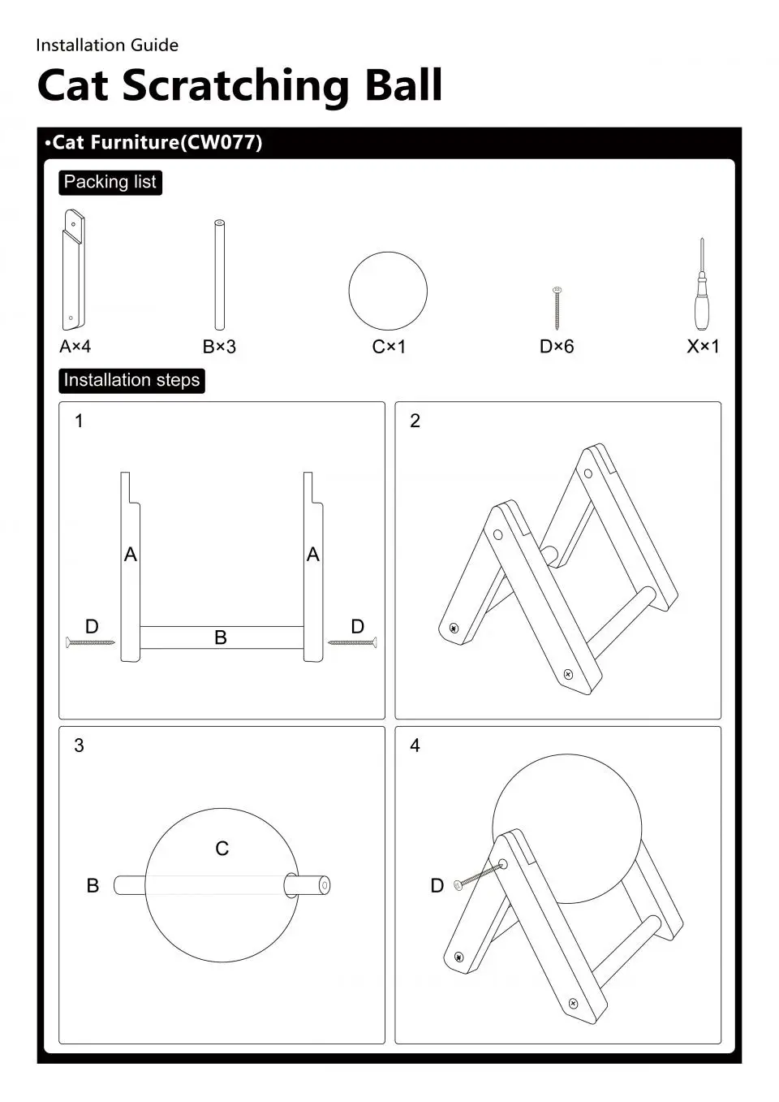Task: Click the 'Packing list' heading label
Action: coord(110,182)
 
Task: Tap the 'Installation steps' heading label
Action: coord(131,380)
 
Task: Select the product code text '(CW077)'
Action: coord(220,143)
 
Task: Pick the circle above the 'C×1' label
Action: coord(388,291)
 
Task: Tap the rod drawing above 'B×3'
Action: coord(219,274)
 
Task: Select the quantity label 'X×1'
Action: coord(703,347)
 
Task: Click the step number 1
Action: coord(79,421)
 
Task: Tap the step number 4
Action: coord(415,745)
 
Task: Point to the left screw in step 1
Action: coord(90,643)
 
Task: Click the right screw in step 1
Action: coord(352,643)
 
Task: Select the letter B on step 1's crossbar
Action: coord(220,638)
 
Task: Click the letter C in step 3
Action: coord(222,849)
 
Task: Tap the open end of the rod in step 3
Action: coord(325,885)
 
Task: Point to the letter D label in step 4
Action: coord(437,886)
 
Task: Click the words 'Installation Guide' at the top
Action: coord(107,45)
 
